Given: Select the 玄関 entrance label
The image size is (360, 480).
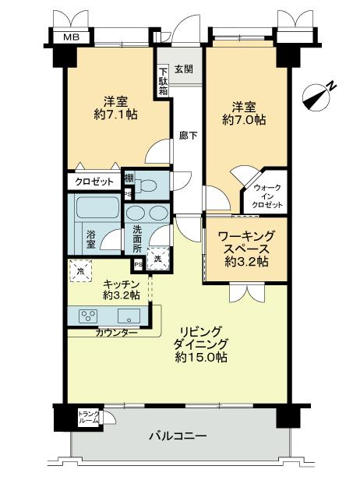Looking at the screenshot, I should [x=183, y=69].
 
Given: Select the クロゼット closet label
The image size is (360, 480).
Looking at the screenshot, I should [x=94, y=182].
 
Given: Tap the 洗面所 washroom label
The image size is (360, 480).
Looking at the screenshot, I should [x=136, y=238].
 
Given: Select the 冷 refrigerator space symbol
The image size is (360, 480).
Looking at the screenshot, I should [x=80, y=270].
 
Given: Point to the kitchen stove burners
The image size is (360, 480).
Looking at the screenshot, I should [x=87, y=316].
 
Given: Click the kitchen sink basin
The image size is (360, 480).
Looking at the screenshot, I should [x=129, y=316].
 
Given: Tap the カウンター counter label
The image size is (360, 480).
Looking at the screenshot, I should [x=117, y=333].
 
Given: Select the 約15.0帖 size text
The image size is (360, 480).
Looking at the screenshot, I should [x=200, y=358].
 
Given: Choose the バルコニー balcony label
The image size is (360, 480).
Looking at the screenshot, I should [x=178, y=436].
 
